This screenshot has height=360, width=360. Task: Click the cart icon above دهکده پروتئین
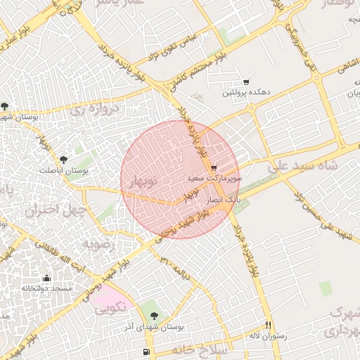click(x=245, y=82)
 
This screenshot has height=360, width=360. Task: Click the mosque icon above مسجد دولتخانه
click(x=47, y=278)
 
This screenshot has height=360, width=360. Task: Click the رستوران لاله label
click(x=269, y=336)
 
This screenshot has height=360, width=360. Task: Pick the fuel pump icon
click(x=146, y=352)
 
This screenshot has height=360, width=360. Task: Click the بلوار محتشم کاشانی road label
click(x=193, y=68)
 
